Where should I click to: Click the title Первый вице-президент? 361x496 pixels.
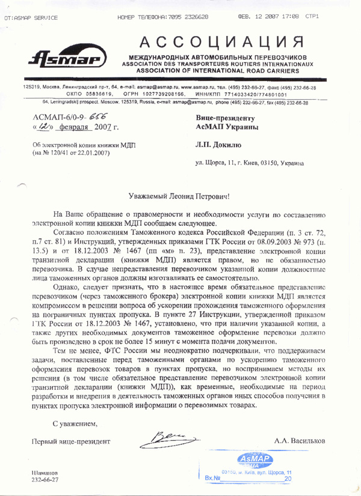pos(73,443)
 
